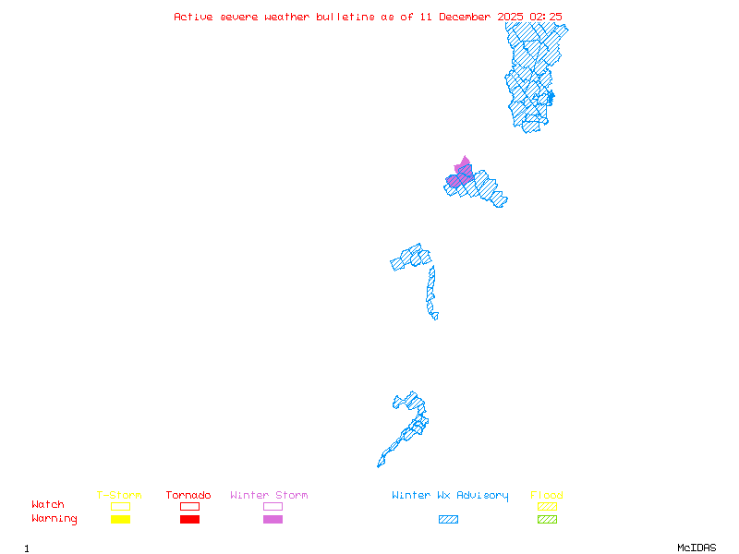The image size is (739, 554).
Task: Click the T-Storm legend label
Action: point(119,496)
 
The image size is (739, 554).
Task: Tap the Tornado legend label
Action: point(188,496)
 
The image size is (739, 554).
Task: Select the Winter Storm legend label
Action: point(269,496)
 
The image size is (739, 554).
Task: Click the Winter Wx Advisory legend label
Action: point(450,496)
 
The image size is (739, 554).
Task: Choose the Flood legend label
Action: point(546,496)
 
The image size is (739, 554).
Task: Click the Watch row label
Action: point(48,505)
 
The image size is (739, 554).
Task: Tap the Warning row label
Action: point(54,519)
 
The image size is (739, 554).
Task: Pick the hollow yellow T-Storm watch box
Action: point(120,506)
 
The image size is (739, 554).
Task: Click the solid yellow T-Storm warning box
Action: point(120,519)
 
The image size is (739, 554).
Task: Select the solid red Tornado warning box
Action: point(189,519)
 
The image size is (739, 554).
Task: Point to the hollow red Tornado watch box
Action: point(189,506)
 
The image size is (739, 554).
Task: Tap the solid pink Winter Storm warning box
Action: point(273,519)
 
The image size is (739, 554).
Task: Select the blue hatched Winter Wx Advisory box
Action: point(448,519)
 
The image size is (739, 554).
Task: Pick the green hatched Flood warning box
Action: point(547,519)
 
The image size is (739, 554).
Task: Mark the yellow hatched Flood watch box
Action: point(547,506)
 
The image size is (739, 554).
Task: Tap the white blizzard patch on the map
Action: point(440,315)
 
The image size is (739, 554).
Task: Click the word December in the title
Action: point(470,17)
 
